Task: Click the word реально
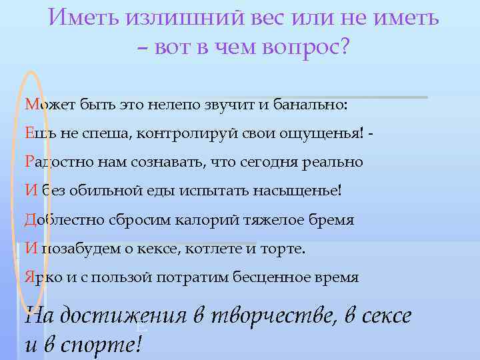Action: click(x=336, y=162)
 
